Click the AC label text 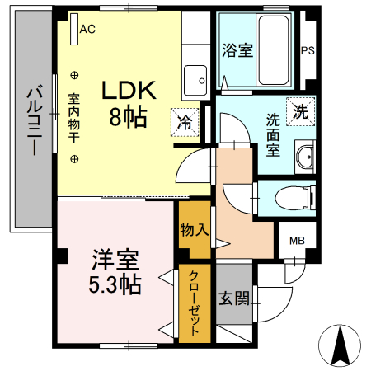coord(87,28)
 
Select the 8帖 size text coord(128,117)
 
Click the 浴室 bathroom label coord(237,49)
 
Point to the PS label coord(308,50)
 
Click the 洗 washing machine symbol coord(301,111)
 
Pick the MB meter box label coord(296,242)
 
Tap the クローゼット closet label coord(195,303)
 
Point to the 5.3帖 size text coord(115,285)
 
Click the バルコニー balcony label coord(34,120)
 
